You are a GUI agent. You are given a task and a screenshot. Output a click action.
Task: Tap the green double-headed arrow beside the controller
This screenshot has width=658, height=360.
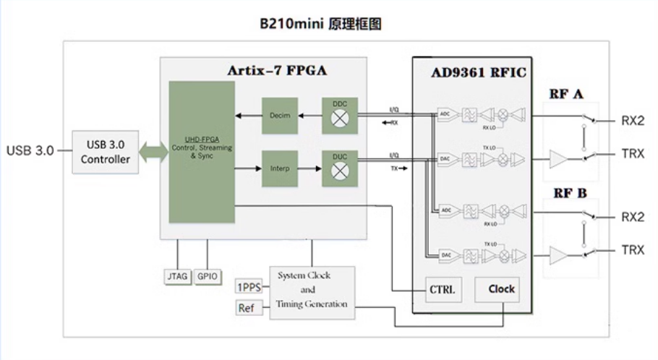pos(152,150)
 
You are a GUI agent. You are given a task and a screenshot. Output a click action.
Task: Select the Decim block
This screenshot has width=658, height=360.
pos(280,116)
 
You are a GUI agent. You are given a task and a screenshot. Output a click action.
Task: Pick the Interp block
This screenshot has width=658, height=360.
pos(280,168)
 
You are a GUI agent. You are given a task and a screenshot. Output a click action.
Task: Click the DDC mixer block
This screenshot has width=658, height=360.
pos(340,115)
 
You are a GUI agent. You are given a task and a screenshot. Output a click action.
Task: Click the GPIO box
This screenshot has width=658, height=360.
pos(208,277)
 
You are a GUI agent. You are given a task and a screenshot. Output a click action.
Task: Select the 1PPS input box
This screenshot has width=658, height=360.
pos(250,287)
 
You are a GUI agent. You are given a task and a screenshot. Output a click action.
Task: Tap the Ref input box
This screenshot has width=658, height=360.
pos(247,309)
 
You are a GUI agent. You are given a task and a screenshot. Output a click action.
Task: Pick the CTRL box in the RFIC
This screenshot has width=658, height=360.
pos(441,290)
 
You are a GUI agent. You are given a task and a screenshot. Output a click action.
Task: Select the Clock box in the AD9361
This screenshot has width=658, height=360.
pos(501,289)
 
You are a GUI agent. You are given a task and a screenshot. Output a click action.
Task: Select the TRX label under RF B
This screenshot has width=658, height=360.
pos(633,250)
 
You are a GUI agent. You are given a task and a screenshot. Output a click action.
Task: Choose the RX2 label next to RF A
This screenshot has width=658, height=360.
pos(633,120)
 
